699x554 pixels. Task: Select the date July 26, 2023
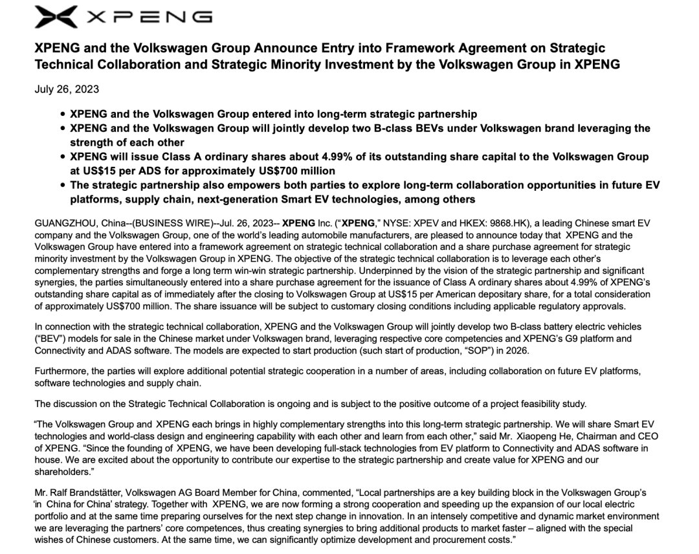(x=67, y=89)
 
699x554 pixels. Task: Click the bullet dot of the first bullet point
(x=63, y=114)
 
